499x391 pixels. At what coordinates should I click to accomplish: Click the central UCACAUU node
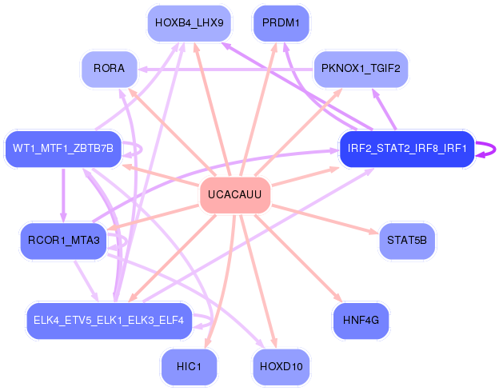(x=234, y=195)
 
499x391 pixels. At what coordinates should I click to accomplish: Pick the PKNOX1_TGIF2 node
(x=360, y=68)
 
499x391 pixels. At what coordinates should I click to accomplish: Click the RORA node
(x=110, y=68)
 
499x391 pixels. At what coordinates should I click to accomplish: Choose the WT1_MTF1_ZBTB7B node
(x=63, y=148)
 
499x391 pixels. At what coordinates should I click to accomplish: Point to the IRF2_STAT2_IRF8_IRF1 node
(x=407, y=148)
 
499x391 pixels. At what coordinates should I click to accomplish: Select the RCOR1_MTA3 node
(x=63, y=241)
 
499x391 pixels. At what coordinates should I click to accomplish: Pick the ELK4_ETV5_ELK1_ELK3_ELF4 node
(x=109, y=321)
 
